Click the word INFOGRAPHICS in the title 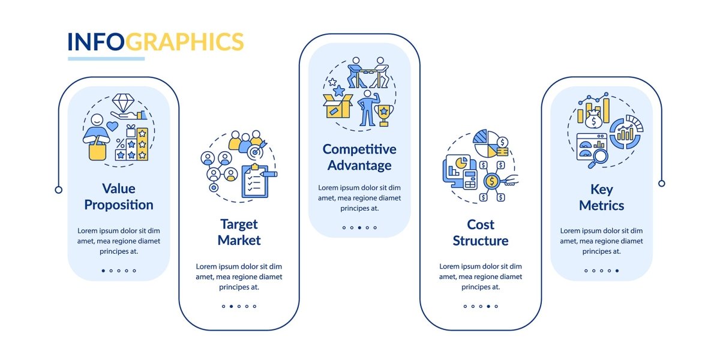tap(155, 42)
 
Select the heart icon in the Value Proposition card tap(112, 127)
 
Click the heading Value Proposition tap(119, 197)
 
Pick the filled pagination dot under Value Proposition tap(103, 271)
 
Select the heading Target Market tap(239, 232)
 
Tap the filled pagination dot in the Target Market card tap(231, 307)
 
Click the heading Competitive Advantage tap(359, 157)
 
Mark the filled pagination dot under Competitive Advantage tap(359, 228)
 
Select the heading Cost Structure tap(481, 233)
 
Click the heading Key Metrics tap(601, 197)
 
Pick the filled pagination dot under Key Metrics tap(617, 271)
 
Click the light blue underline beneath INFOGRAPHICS tap(106, 59)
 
